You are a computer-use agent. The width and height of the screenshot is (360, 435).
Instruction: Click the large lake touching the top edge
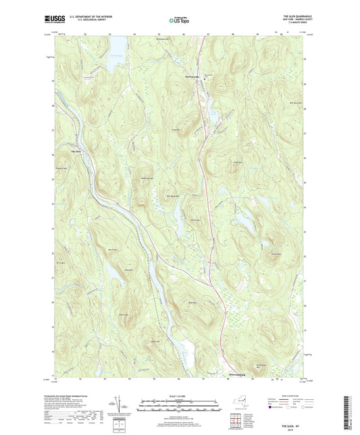tap(115, 45)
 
